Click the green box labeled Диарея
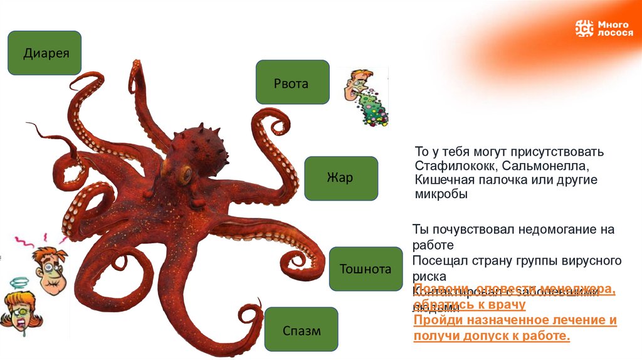click(44, 53)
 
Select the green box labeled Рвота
click(292, 82)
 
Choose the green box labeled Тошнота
click(365, 270)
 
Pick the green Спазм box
click(301, 330)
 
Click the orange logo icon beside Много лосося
click(584, 28)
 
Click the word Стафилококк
click(450, 166)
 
